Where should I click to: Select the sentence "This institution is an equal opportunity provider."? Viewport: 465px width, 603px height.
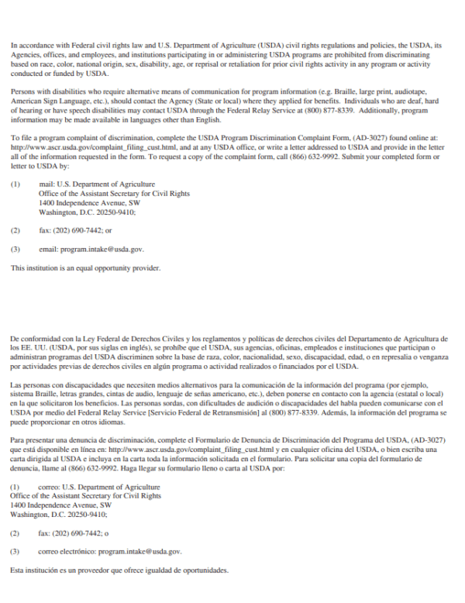click(85, 268)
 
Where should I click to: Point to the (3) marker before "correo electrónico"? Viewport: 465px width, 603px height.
click(15, 551)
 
